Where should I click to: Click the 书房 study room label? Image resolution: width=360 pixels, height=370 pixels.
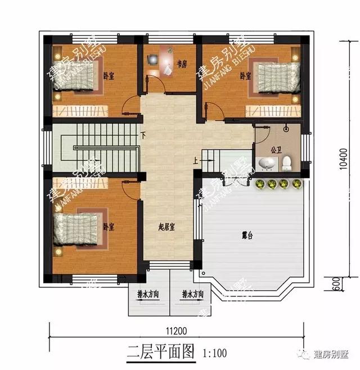point(182,64)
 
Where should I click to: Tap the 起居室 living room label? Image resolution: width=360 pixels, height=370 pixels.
point(166,227)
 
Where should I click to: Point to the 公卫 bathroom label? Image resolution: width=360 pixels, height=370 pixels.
point(276,150)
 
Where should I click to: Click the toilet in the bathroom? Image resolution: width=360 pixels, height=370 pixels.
point(286,164)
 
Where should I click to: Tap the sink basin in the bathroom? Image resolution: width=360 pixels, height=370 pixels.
point(268,164)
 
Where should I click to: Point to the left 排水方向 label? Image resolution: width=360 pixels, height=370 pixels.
point(148,294)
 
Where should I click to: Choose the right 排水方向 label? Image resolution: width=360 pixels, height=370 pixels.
point(192,294)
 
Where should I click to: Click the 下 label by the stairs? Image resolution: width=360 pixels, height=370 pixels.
point(143,136)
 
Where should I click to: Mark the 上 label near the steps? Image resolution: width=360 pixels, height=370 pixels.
point(195,161)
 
